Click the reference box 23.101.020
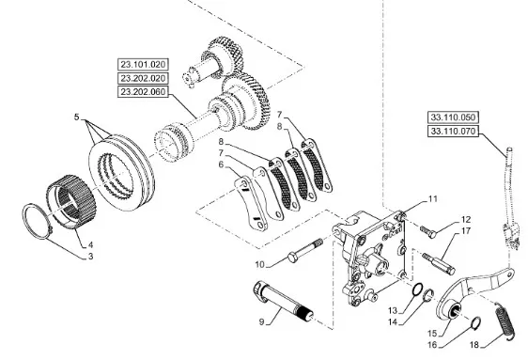[x=143, y=64]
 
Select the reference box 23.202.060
[x=143, y=91]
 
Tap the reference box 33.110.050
[x=453, y=117]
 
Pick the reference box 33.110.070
[x=453, y=131]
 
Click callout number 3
[x=90, y=257]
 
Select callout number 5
[x=76, y=117]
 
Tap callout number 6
[x=221, y=164]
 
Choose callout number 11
[x=433, y=199]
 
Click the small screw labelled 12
[x=428, y=230]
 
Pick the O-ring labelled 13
[x=418, y=290]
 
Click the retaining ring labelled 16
[x=475, y=322]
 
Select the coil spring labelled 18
[x=505, y=320]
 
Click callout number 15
[x=432, y=334]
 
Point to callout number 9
[x=261, y=322]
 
